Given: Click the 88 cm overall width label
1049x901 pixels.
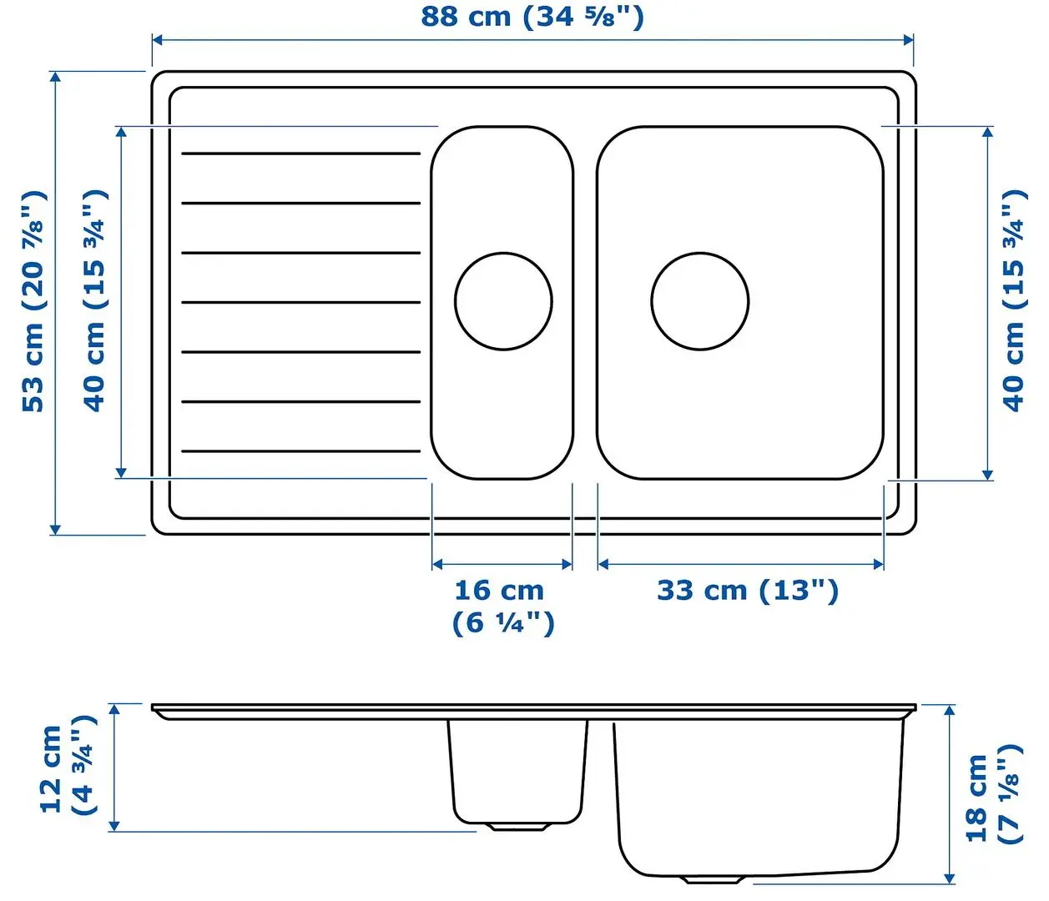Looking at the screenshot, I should click(532, 17).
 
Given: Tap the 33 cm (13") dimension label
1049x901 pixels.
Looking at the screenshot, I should click(747, 591).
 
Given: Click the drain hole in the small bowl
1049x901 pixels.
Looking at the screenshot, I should click(503, 301).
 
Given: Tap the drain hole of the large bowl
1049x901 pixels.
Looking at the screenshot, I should click(699, 301).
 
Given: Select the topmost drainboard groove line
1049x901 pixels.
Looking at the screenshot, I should click(300, 154).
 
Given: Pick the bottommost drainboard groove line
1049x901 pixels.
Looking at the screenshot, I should click(300, 451).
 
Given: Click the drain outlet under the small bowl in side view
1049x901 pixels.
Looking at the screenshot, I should click(517, 827).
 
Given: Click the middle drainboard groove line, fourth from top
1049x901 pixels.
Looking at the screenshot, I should click(300, 302).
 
